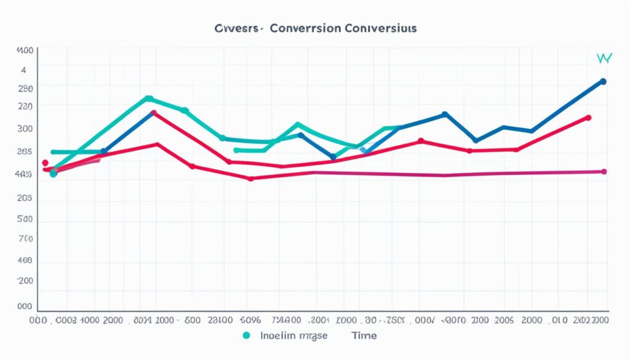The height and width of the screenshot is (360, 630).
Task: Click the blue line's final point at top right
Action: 603,81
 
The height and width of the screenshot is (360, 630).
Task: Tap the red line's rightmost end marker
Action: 589,118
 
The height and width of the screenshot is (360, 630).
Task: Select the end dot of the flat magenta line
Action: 604,172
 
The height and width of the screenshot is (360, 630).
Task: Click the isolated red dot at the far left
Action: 45,163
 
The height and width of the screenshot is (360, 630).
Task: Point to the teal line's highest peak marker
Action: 148,98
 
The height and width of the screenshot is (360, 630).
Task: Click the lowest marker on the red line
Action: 250,178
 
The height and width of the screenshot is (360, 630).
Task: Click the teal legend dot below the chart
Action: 247,335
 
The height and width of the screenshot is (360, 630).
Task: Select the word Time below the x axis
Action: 364,335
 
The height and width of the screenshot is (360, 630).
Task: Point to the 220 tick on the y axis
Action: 25,106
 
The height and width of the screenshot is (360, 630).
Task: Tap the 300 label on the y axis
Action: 25,129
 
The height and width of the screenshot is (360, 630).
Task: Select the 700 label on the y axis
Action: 25,239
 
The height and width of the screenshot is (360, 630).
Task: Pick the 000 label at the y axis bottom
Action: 25,306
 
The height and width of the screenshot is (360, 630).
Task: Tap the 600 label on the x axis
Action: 192,320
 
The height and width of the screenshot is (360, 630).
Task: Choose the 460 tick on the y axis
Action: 25,261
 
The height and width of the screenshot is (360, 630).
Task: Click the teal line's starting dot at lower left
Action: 54,174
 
